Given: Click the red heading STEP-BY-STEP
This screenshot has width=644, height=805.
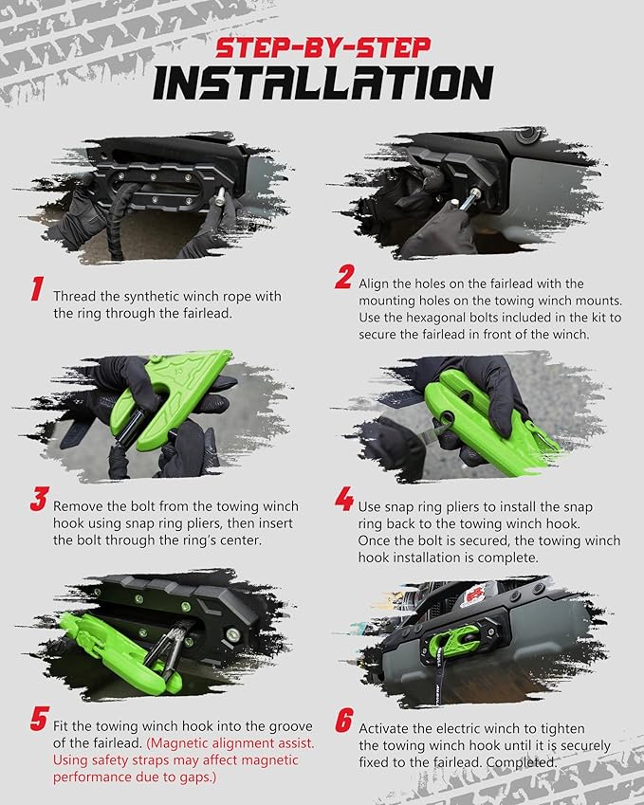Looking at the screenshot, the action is tap(323, 47).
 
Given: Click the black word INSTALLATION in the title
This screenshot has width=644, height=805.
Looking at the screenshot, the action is tap(323, 83).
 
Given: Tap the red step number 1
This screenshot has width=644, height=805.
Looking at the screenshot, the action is tap(37, 288).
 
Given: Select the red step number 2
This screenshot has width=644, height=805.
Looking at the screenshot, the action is tap(344, 277).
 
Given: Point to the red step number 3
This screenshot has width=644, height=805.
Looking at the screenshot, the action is tap(39, 499).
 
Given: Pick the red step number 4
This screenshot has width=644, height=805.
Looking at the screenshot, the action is tap(344, 499).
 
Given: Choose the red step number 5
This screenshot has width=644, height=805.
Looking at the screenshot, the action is tap(40, 718).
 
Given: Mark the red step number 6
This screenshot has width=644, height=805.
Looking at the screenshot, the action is tap(344, 721).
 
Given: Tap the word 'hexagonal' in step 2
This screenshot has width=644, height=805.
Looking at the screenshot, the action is tap(416, 318).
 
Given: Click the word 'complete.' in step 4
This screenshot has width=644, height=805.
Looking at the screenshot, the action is tap(508, 558).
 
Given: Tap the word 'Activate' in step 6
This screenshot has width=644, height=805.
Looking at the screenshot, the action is tap(384, 729).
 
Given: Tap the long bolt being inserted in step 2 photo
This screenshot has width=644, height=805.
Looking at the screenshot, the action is tap(469, 199).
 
